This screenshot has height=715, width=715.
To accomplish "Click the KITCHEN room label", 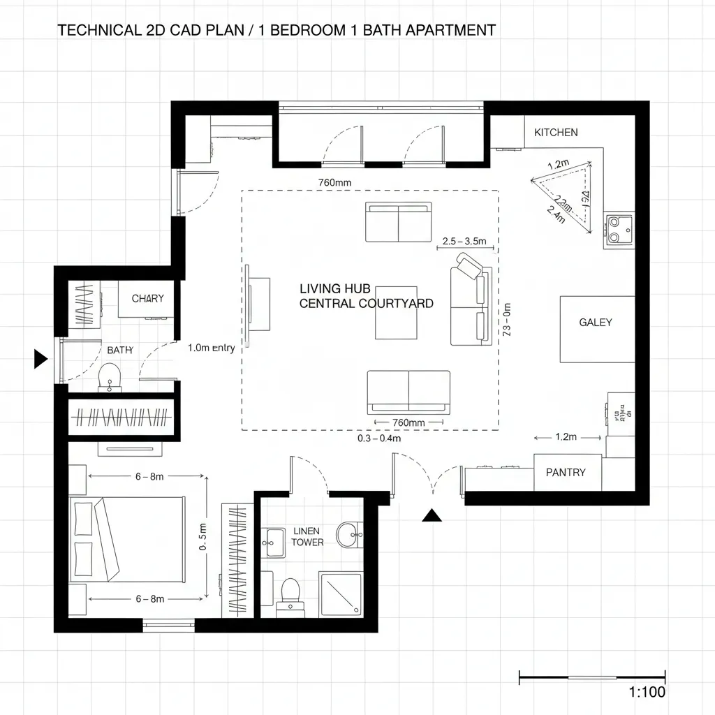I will pos(556,133).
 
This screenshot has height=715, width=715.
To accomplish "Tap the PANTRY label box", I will pos(566,473).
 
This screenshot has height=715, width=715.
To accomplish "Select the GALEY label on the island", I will pos(596,323).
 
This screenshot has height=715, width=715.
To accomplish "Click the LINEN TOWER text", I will pos(307,536).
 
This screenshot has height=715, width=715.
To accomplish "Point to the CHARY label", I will pos(148,299).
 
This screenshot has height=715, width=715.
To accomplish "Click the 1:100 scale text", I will pos(647,693).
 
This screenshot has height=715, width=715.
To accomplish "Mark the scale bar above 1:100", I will pos(592,677).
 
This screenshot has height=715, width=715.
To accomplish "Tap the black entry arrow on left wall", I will pos(40,360).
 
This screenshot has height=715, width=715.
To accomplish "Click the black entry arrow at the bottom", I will pos(433,515).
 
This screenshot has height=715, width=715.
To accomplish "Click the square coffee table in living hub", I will pos(396,312).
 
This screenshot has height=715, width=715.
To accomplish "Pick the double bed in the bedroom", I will pos(127,539).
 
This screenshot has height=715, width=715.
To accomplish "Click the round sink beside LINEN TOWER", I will pos(348,536).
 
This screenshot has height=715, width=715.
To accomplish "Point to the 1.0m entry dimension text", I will pos(211,348).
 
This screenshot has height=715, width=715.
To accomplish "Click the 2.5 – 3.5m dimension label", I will pos(464,241).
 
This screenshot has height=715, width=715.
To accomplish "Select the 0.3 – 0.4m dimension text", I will pos(379,439).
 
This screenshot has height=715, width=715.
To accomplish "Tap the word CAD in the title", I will pos(172,30).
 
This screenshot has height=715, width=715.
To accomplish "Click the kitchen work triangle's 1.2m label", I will pos(558,165).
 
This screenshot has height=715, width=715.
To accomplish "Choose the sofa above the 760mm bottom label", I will pos(408,392).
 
